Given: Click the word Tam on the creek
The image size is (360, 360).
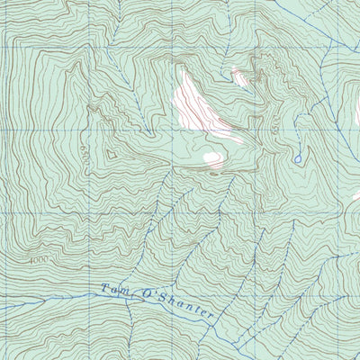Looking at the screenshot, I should pyautogui.click(x=114, y=291).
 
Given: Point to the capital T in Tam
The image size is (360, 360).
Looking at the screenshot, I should pyautogui.click(x=103, y=289).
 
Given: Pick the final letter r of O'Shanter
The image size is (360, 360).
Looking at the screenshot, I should pyautogui.click(x=211, y=314).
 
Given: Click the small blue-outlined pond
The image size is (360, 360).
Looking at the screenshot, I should pyautogui.click(x=297, y=159).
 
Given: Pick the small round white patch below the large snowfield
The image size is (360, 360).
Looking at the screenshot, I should pyautogui.click(x=212, y=158).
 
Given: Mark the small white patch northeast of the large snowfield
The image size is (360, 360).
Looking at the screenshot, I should pyautogui.click(x=241, y=77).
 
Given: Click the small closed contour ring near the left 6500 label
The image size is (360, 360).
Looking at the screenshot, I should pyautogui.click(x=112, y=154).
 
